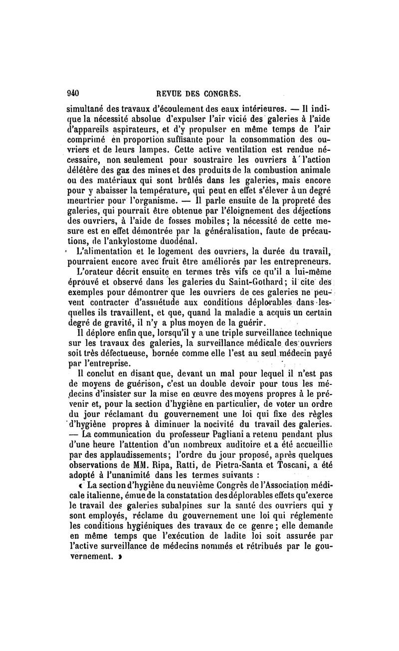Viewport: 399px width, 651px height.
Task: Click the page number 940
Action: pyautogui.click(x=73, y=93)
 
